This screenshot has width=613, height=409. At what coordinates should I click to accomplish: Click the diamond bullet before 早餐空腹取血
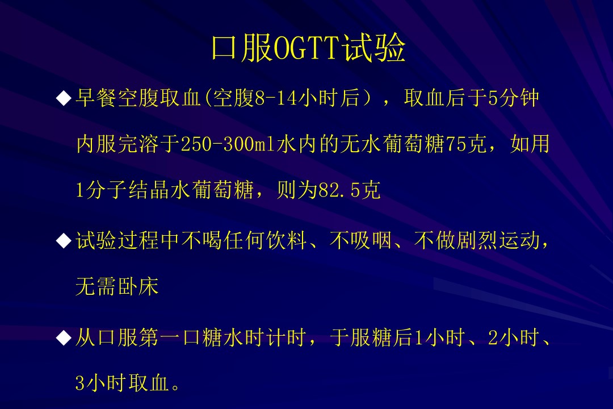point(64,98)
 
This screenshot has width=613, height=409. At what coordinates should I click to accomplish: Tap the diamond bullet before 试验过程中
point(64,241)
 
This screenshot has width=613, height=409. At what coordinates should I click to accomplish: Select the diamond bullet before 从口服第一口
point(64,337)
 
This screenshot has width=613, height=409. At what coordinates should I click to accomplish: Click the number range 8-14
point(276,98)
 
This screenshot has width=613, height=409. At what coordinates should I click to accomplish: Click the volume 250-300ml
point(228,144)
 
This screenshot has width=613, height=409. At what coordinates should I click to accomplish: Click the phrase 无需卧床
point(117,287)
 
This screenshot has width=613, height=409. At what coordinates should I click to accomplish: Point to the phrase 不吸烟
point(360,240)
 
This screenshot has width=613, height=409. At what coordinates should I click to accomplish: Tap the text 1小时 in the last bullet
point(440,337)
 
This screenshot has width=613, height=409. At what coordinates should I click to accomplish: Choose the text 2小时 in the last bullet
point(513,337)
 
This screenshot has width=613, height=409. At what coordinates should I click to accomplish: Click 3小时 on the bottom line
point(100,383)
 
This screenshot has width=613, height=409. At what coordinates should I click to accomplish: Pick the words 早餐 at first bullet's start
point(96,98)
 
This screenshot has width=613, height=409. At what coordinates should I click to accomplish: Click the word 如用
point(530,144)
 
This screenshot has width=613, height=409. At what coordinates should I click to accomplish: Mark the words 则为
point(297,190)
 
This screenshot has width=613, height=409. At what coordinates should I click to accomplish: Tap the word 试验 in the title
point(373,48)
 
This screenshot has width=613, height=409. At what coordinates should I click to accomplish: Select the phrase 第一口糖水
point(201,337)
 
